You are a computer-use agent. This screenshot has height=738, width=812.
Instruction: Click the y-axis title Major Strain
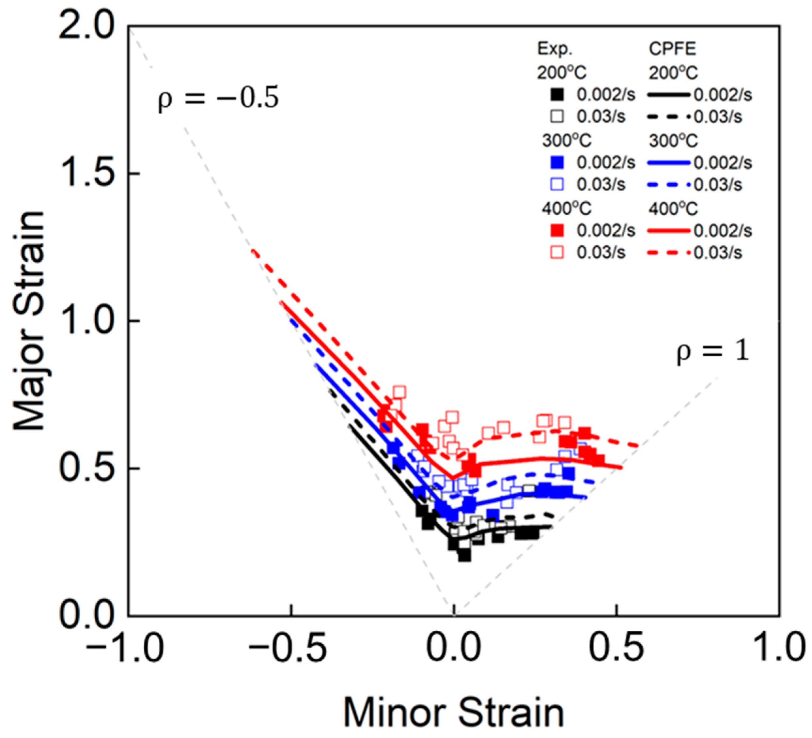29,321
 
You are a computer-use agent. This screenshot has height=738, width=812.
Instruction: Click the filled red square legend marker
557,231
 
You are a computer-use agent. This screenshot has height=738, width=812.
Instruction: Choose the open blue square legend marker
557,184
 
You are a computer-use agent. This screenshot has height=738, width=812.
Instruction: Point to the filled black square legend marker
557,95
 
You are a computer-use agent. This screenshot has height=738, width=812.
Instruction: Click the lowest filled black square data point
464,555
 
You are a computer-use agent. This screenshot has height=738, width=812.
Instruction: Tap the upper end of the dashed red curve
253,251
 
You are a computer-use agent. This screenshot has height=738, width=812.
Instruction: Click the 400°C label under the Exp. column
566,208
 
